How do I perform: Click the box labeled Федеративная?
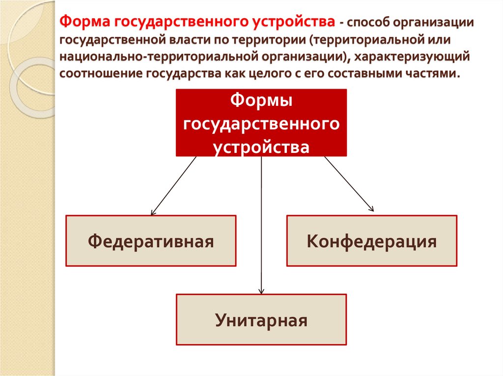[x=151, y=241]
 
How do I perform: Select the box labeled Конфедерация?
[x=372, y=241]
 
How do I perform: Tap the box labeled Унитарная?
[x=261, y=319]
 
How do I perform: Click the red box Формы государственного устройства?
[x=261, y=123]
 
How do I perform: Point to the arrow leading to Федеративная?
[x=174, y=185]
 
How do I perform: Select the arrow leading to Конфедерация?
[x=349, y=184]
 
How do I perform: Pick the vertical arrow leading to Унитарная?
[x=261, y=226]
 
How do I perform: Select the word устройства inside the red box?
[x=261, y=146]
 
